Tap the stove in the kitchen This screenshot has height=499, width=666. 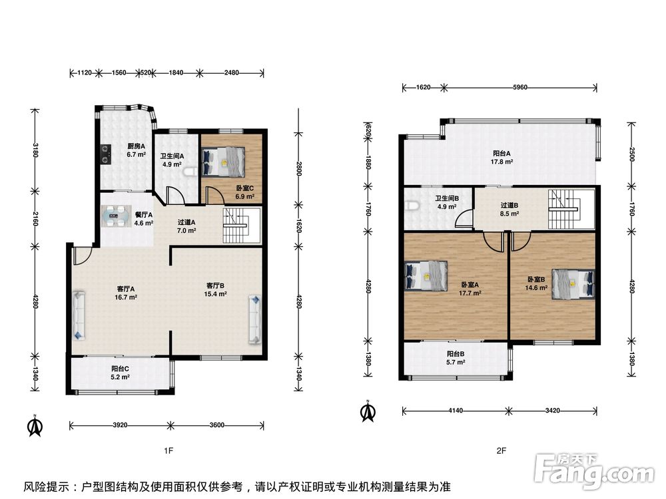point(106,154)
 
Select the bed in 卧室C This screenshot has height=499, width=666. point(223,162)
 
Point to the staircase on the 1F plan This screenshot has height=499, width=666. point(241,226)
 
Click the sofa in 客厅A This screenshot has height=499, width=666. point(79,315)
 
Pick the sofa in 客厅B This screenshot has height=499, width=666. point(255,319)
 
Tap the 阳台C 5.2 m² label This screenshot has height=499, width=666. point(120,373)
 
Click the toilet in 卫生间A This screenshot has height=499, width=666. point(190,172)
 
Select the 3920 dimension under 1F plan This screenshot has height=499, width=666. point(120,424)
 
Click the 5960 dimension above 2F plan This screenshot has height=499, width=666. point(520,87)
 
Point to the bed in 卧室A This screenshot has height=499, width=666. point(426,276)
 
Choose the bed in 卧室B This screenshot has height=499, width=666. point(573,284)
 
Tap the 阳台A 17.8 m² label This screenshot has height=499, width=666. point(501,158)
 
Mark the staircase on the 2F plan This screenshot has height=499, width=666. point(571,209)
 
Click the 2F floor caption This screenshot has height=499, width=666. point(501,450)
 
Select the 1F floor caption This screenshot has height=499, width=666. point(168,450)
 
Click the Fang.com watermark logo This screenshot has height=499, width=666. point(594,470)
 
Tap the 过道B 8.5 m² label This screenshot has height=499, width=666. point(509,210)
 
